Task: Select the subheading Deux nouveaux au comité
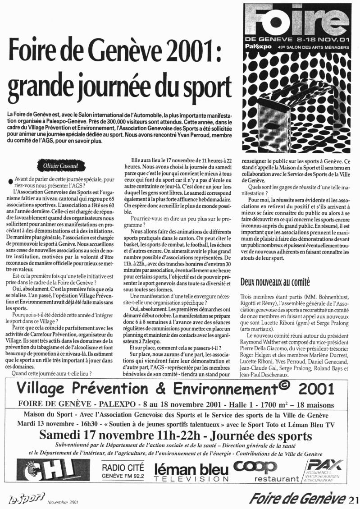tap(275, 283)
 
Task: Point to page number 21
tap(354, 499)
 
